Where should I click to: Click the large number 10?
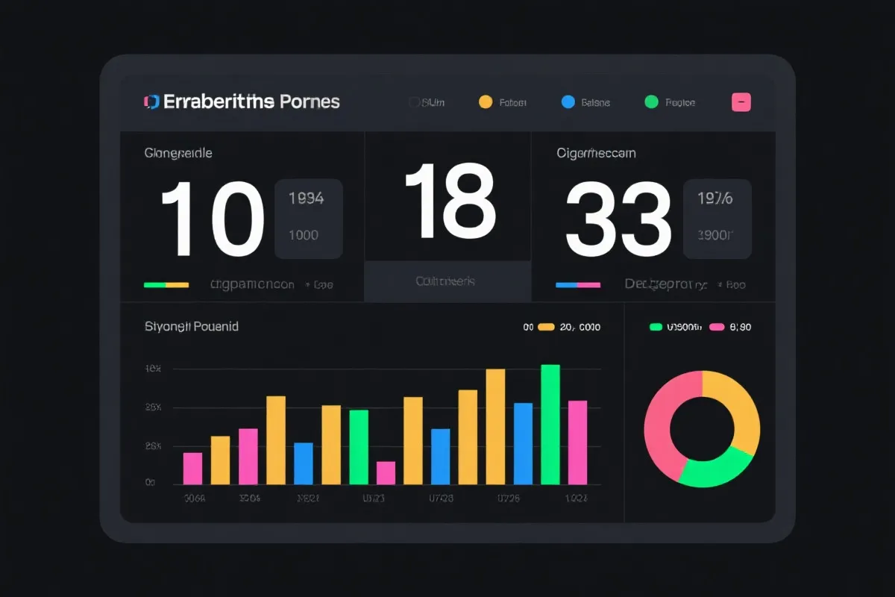click(x=213, y=219)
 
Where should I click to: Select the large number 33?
click(x=618, y=219)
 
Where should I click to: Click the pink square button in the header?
click(x=741, y=103)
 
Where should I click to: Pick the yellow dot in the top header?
click(x=486, y=102)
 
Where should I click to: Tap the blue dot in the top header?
click(x=568, y=102)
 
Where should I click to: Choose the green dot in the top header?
click(x=652, y=102)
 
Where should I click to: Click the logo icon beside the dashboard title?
click(x=151, y=102)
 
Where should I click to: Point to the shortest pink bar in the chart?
click(x=386, y=473)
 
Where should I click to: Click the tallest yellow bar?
click(x=495, y=426)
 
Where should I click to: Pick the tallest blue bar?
click(x=523, y=443)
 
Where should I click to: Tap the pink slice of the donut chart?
click(x=660, y=425)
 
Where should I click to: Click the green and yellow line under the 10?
click(x=166, y=284)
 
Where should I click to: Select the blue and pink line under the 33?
click(x=578, y=284)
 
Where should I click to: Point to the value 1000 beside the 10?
click(x=304, y=235)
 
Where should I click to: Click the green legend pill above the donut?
click(x=656, y=327)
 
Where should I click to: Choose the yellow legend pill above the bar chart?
click(x=546, y=327)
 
